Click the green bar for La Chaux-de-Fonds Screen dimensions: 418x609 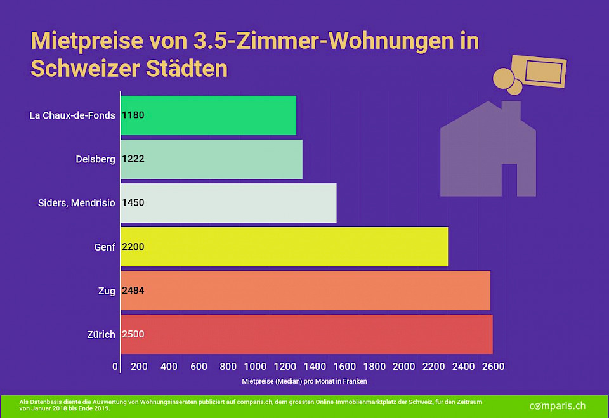(208, 115)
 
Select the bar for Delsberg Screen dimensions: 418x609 (211, 159)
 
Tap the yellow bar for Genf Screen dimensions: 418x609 (284, 247)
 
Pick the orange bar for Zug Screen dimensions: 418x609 (305, 291)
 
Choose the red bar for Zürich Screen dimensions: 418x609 (306, 334)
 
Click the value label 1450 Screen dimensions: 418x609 (133, 203)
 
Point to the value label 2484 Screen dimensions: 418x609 (133, 291)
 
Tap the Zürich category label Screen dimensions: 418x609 (101, 334)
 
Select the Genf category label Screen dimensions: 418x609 (105, 247)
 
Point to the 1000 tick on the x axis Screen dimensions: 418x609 (255, 367)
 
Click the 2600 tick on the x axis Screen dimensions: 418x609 (493, 367)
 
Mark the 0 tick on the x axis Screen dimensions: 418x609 (115, 367)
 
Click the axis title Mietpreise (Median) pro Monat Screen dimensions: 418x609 (304, 382)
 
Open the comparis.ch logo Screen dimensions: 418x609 (557, 405)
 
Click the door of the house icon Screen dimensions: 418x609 (509, 180)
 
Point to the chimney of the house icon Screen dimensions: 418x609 (511, 109)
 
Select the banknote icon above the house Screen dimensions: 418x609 (539, 72)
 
